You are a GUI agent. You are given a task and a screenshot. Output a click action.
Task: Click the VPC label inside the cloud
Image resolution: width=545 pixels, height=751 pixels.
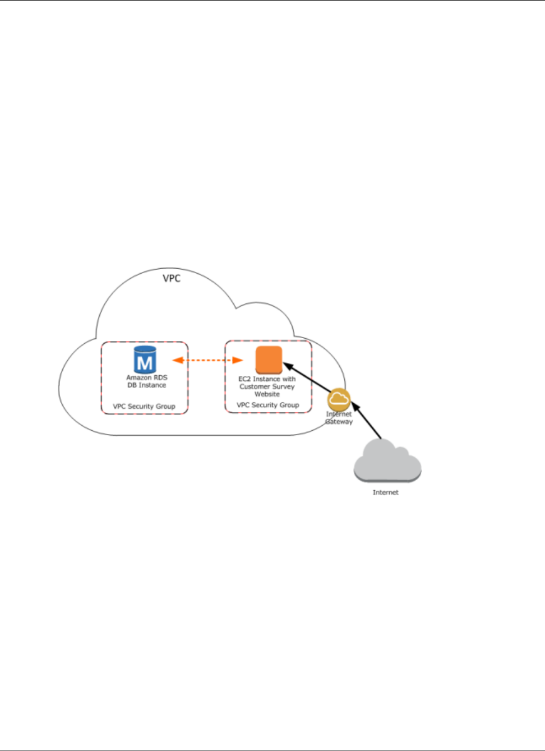point(172,278)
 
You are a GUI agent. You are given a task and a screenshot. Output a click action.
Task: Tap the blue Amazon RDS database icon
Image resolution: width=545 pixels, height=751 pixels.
point(145,360)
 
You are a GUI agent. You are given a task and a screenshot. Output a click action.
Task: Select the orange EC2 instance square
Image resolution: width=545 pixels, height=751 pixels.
point(269,360)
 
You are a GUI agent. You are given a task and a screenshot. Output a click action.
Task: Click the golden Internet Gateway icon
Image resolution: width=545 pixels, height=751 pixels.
point(339,399)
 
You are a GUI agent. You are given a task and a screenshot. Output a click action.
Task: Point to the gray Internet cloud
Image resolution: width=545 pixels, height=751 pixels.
point(387,460)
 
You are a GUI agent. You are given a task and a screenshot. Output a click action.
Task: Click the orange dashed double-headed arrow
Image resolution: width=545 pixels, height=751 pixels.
point(207,360)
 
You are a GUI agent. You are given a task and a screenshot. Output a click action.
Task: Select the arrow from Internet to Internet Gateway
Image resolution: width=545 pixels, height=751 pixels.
point(367,420)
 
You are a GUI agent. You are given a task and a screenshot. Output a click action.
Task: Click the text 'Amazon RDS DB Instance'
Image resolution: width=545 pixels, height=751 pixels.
point(146,381)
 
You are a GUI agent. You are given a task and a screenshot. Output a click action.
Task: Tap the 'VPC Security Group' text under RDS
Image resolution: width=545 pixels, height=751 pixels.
point(144,406)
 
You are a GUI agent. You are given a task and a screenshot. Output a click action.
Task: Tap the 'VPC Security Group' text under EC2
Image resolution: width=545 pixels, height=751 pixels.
point(268,405)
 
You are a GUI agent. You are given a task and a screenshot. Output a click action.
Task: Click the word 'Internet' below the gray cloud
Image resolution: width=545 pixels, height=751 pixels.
point(386,492)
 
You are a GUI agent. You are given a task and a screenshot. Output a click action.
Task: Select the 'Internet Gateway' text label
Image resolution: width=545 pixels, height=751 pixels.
point(339,418)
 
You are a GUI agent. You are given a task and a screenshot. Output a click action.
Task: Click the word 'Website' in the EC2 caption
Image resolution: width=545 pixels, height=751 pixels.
point(267,394)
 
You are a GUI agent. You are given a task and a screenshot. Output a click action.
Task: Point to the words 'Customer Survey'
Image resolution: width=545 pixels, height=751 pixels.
point(267,386)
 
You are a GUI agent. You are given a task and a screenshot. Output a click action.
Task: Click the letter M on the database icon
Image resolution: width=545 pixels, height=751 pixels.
point(145,363)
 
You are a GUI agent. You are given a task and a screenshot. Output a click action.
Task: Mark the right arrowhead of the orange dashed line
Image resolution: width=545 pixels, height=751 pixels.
point(238,360)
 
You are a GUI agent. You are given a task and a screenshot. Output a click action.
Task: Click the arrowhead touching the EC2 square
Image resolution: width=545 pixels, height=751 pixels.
point(287,366)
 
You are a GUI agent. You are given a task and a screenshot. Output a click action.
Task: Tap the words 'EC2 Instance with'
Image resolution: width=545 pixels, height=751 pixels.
point(267,379)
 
